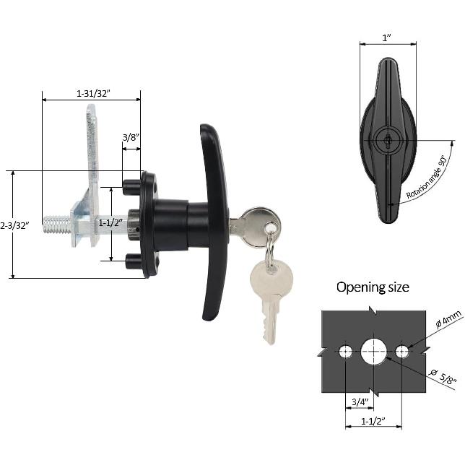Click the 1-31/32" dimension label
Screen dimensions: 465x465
pyautogui.click(x=97, y=93)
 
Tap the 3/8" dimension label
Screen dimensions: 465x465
pyautogui.click(x=131, y=137)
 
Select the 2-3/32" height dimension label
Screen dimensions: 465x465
pyautogui.click(x=14, y=225)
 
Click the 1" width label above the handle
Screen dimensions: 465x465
pyautogui.click(x=388, y=38)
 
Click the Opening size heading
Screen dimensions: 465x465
pyautogui.click(x=373, y=287)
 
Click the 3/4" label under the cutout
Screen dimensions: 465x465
pyautogui.click(x=360, y=401)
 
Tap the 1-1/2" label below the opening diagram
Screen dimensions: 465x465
pyautogui.click(x=373, y=420)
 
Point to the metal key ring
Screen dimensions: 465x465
pyautogui.click(x=269, y=249)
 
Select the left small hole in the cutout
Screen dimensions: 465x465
pyautogui.click(x=347, y=352)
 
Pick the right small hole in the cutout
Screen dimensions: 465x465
pyautogui.click(x=402, y=352)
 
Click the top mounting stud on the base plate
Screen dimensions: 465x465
pyautogui.click(x=132, y=185)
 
